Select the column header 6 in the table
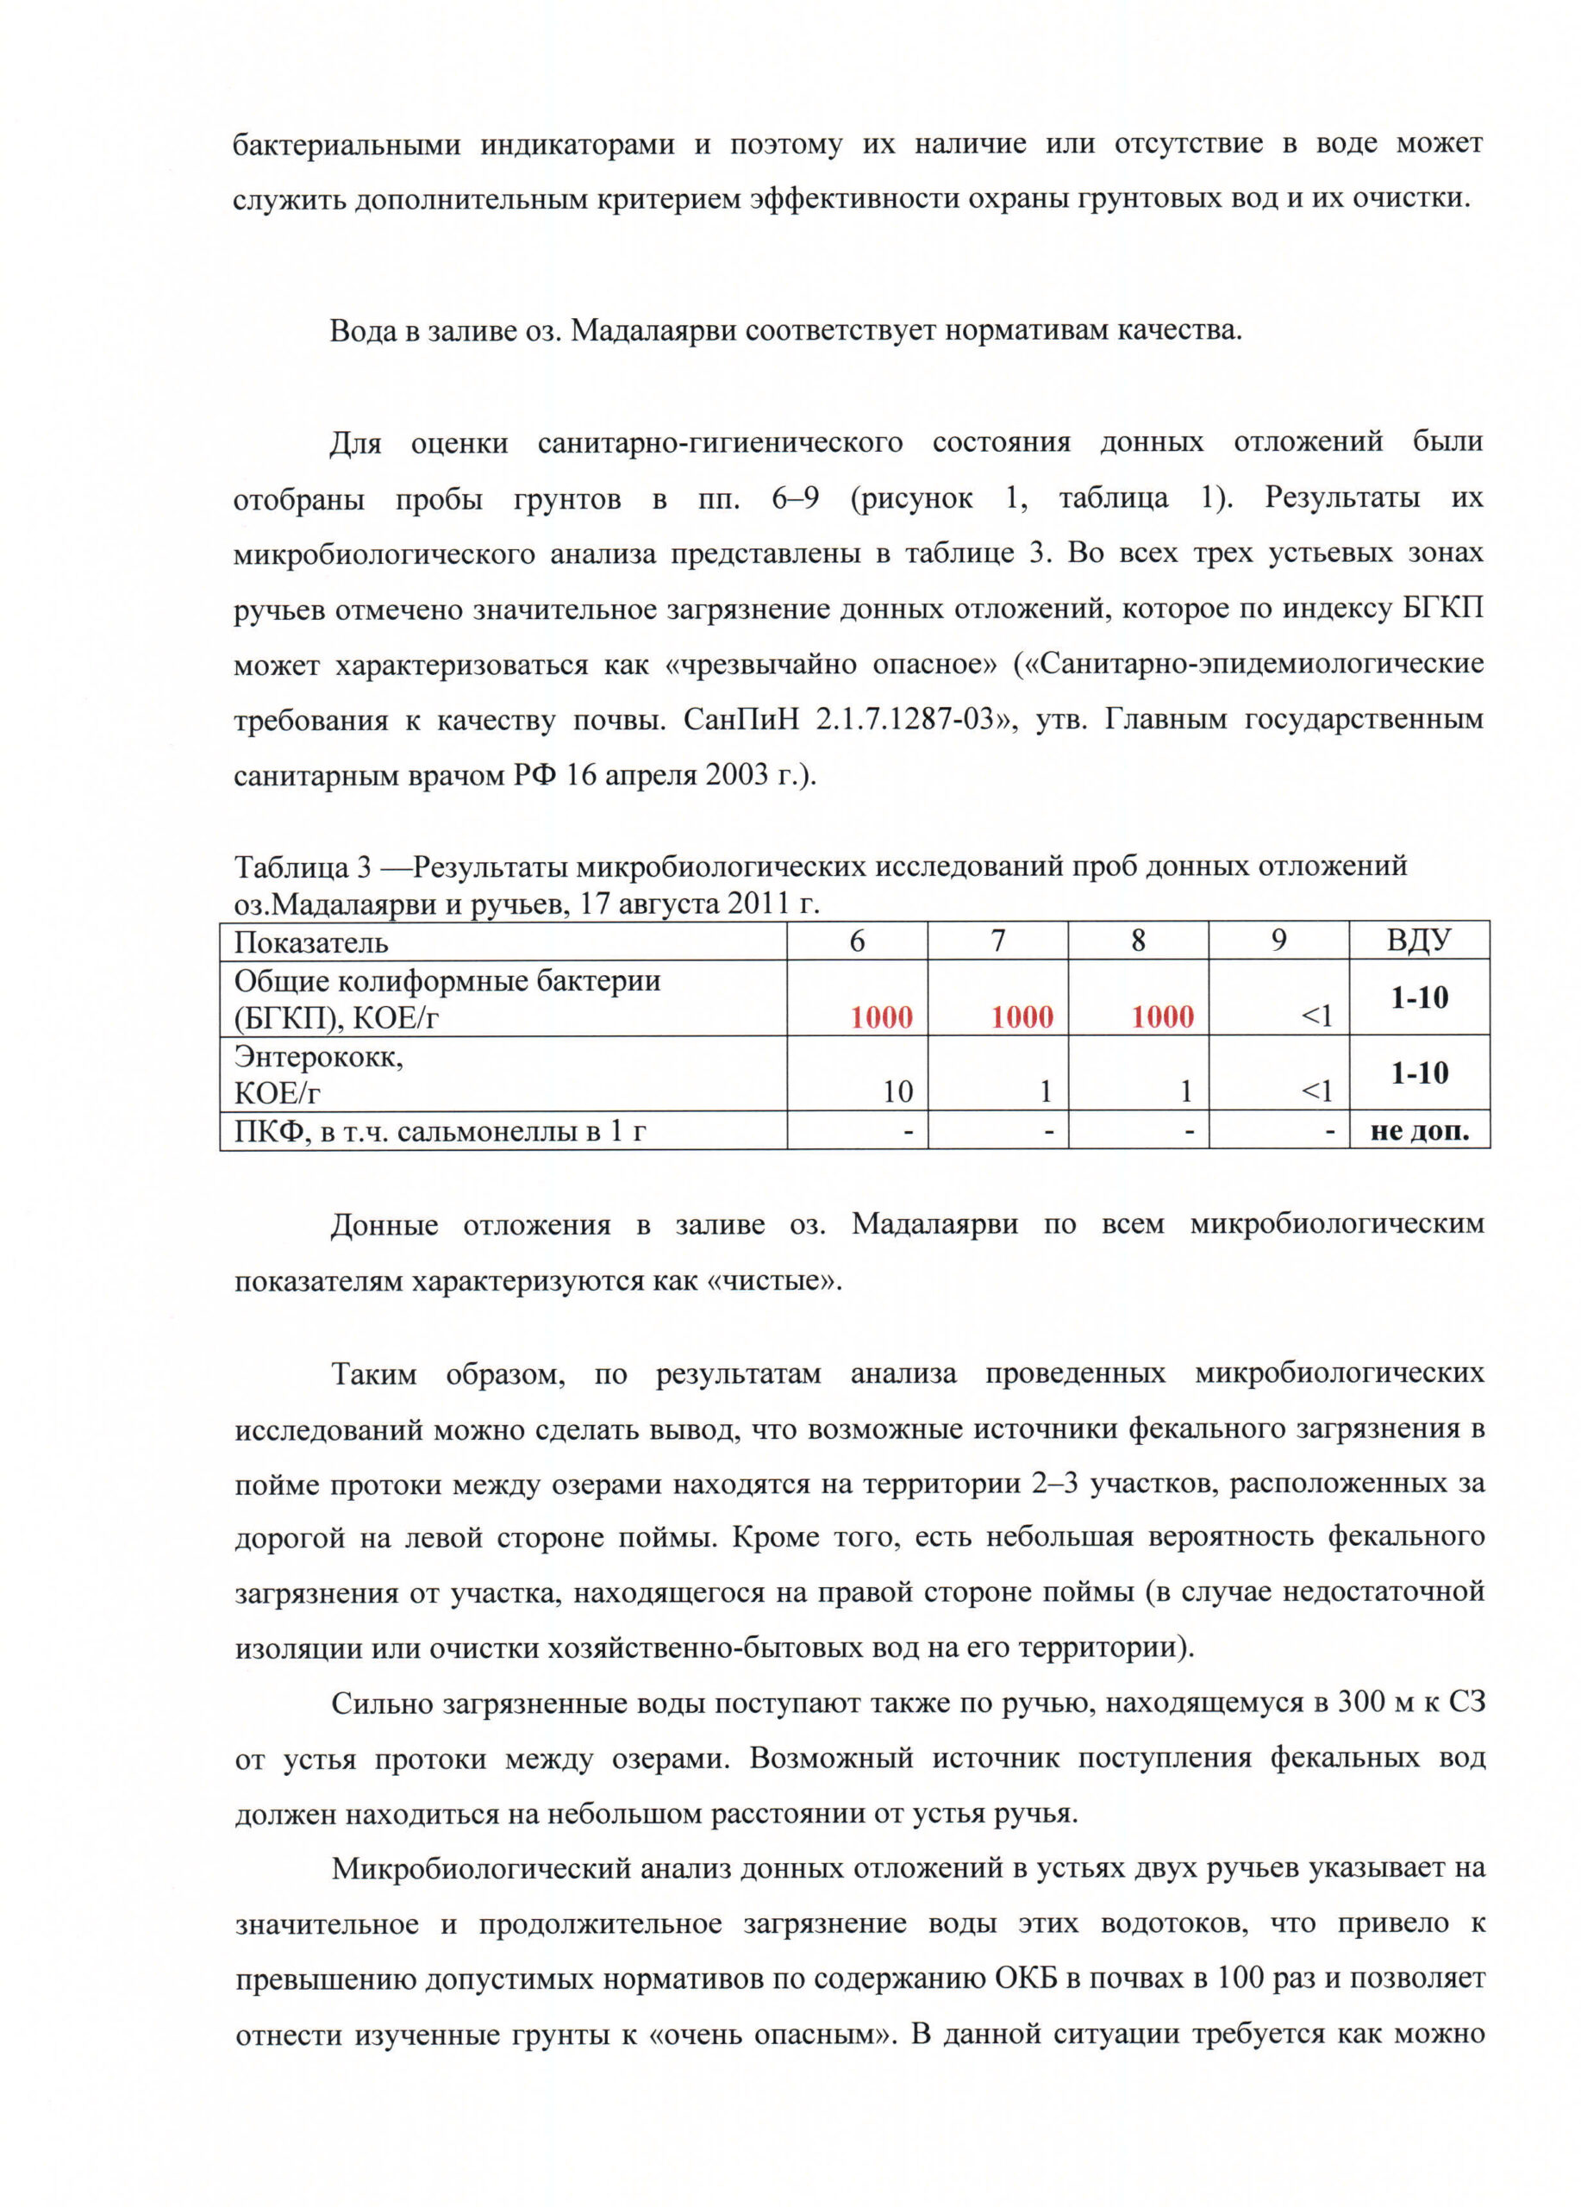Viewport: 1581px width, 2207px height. coord(856,940)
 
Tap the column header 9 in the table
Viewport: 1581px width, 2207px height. coord(1278,940)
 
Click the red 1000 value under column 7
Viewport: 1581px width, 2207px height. coord(1022,1017)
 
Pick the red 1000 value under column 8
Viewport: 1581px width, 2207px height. coord(1162,1017)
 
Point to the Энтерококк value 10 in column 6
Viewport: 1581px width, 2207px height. coord(897,1091)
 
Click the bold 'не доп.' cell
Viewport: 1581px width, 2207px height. coord(1419,1131)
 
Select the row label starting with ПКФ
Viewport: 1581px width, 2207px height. coord(440,1131)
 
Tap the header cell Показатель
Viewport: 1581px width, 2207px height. coord(311,942)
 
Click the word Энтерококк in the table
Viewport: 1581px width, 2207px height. coord(318,1057)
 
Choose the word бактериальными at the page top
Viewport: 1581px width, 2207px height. coord(347,145)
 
